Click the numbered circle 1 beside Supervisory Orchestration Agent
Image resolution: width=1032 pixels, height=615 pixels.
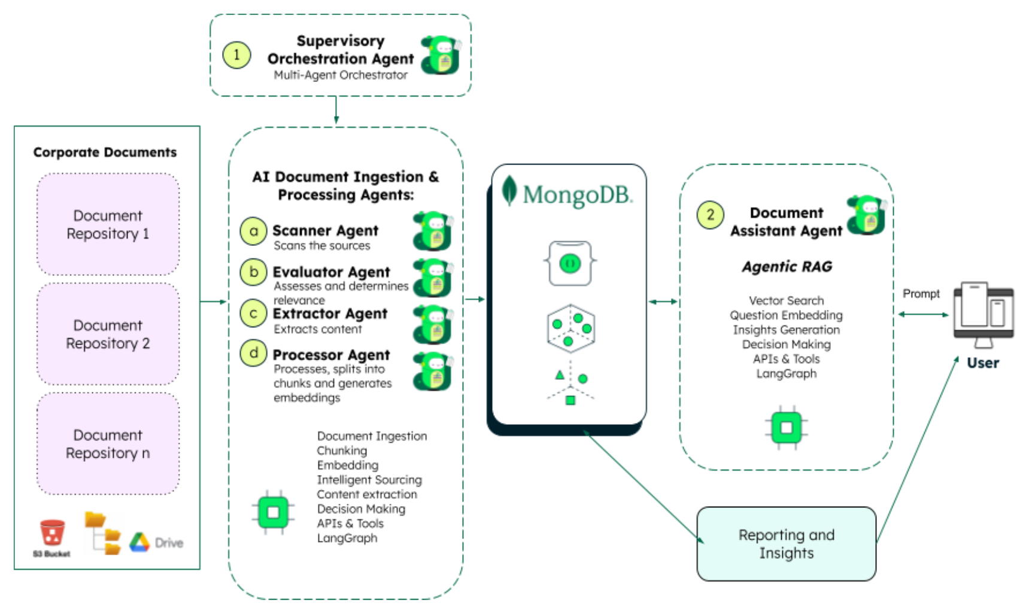236,55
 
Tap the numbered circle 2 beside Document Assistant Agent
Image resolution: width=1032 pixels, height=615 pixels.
710,214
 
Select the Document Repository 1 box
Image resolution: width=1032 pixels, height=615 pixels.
108,224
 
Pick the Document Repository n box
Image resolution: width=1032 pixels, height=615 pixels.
108,444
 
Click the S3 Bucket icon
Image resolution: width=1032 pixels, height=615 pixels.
52,534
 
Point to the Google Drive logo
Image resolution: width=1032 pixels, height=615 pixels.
139,542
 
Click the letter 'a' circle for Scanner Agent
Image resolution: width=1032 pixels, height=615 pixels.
253,231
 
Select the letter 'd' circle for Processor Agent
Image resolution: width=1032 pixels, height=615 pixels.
253,353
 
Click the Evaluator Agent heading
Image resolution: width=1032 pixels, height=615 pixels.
331,272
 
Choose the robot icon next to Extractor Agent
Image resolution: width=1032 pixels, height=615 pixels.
432,324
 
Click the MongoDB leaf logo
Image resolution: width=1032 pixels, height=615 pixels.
509,191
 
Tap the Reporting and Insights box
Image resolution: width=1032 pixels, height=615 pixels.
786,544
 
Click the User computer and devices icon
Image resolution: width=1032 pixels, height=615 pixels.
983,314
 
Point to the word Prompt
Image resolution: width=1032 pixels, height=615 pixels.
921,294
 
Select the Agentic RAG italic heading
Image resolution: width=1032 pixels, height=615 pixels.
787,267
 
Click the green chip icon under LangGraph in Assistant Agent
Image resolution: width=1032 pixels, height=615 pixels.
786,428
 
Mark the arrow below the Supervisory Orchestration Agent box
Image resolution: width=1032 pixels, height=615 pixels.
336,111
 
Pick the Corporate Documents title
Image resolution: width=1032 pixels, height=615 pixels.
105,153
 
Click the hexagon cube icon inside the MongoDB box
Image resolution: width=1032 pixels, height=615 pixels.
570,328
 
